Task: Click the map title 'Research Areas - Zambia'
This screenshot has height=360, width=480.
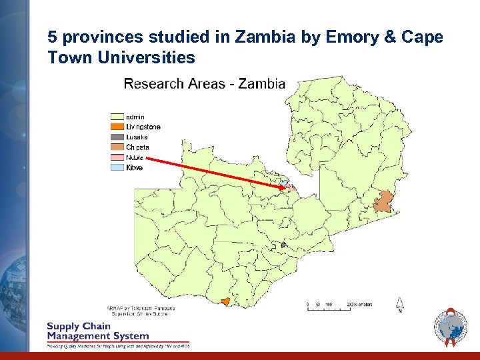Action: [x=205, y=84]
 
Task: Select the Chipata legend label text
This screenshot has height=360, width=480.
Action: [x=138, y=147]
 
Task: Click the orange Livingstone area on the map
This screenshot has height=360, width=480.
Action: [x=225, y=302]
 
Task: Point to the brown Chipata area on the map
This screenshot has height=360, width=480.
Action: [x=384, y=201]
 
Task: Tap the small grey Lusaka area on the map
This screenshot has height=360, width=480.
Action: [x=283, y=245]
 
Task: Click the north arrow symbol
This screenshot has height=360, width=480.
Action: [x=399, y=304]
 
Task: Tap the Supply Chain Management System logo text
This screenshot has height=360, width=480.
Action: [x=97, y=331]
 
